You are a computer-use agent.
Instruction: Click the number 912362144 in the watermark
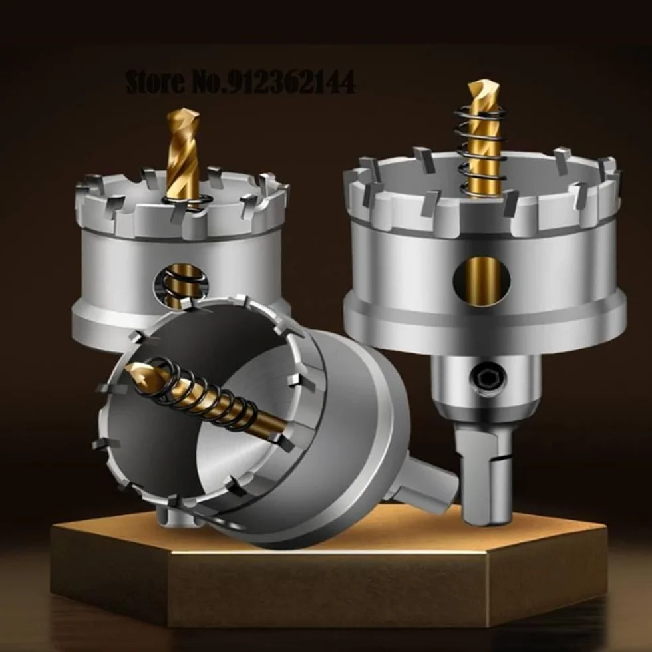291,82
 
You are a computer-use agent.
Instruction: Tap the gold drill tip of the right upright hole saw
483,89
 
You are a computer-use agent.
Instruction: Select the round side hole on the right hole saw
482,281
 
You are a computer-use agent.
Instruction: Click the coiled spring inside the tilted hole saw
204,395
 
